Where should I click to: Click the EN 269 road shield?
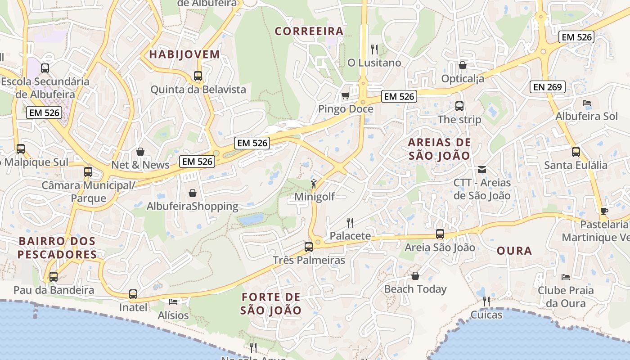coord(548,87)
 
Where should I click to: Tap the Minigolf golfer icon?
coord(314,184)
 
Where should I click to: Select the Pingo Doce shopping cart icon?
coord(345,95)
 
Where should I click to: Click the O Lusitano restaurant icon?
coord(374,49)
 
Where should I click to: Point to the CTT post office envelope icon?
coord(482,170)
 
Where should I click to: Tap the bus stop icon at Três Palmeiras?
coord(308,247)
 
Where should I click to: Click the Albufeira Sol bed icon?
coord(586,103)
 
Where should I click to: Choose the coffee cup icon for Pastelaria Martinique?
coord(604,211)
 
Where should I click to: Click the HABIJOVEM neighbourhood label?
coord(184,54)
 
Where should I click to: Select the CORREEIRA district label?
coord(309,31)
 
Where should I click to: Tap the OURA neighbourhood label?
coord(514,251)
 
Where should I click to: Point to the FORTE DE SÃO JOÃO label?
coord(271,304)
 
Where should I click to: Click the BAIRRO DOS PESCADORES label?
coord(57,247)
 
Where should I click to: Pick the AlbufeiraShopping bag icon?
coord(193,193)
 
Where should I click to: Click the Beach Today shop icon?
coord(415,276)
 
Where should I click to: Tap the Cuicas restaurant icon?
coord(486,301)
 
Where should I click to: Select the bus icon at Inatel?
coord(133,294)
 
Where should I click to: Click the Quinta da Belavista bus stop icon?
coord(198,76)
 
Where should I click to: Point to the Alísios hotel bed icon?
coord(173,301)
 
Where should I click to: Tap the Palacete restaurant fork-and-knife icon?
coord(350,222)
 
